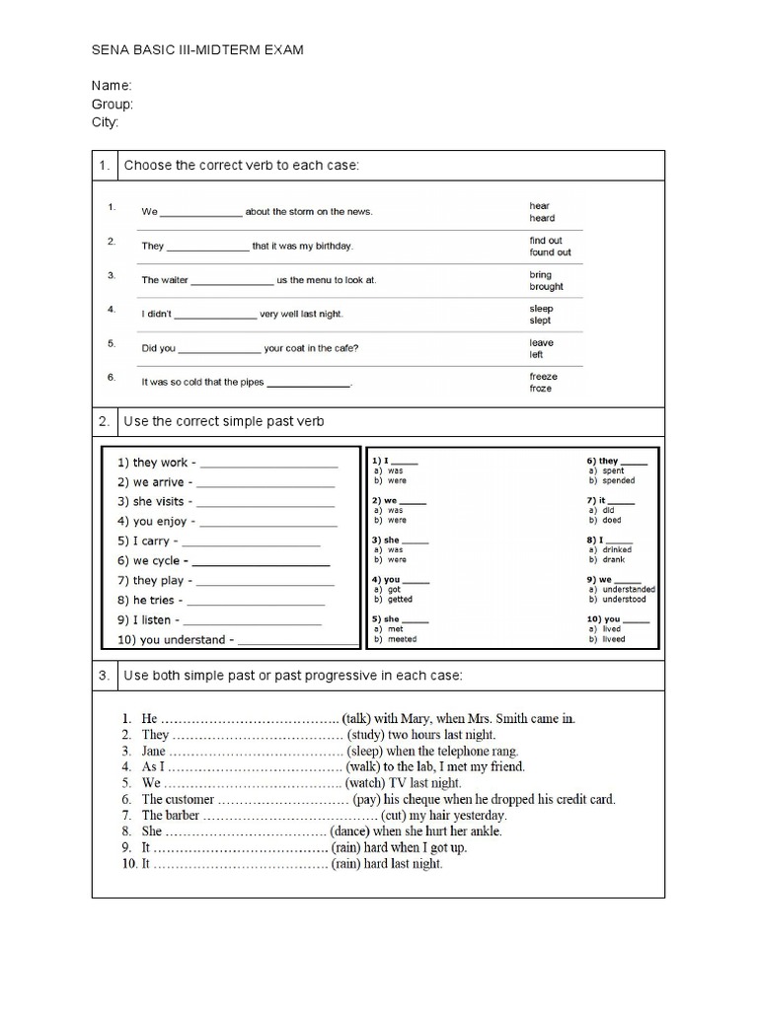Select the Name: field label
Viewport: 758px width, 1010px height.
tap(111, 86)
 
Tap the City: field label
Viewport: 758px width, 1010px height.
tap(106, 122)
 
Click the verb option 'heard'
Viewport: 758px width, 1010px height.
tap(542, 218)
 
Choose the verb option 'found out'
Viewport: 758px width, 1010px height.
tap(550, 252)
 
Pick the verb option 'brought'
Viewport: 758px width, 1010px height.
tap(546, 287)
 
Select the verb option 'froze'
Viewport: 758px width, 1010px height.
tap(541, 389)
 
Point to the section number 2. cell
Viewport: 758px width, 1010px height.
tap(104, 421)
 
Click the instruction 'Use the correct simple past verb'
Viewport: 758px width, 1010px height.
tap(223, 421)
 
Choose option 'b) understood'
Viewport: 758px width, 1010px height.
tap(618, 599)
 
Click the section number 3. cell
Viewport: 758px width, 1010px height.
tap(104, 677)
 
